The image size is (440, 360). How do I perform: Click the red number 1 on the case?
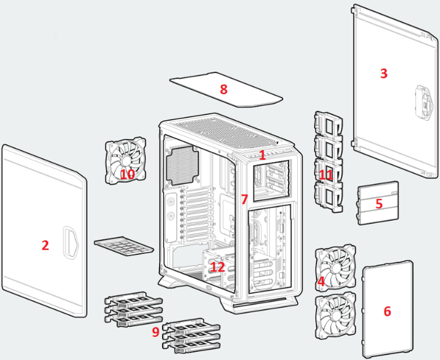click(x=262, y=155)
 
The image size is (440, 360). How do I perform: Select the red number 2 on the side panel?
click(x=45, y=245)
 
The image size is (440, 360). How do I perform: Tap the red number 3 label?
click(x=383, y=74)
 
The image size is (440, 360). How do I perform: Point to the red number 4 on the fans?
click(x=320, y=283)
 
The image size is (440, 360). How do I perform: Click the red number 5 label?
click(x=378, y=204)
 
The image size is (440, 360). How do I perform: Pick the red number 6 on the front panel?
click(x=387, y=311)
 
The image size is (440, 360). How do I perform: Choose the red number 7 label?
click(x=244, y=200)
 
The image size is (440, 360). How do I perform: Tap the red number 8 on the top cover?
click(x=223, y=89)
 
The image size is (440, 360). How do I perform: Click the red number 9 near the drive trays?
click(x=155, y=332)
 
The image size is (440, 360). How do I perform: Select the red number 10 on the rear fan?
click(x=127, y=174)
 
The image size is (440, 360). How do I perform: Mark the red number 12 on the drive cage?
click(x=217, y=267)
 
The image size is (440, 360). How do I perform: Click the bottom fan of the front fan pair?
click(x=335, y=317)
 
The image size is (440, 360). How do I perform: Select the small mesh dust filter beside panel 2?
click(x=124, y=246)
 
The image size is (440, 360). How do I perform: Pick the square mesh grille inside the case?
click(x=182, y=164)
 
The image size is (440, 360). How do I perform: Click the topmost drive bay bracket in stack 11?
click(x=329, y=123)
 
